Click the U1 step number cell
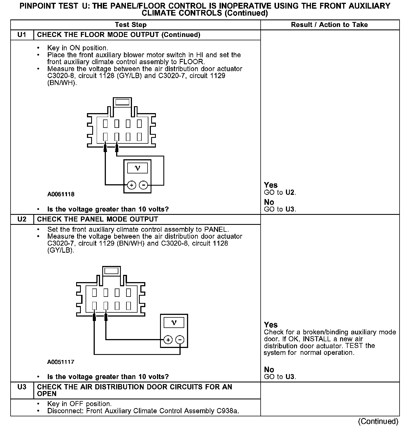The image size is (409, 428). click(22, 35)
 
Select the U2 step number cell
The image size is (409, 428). click(22, 219)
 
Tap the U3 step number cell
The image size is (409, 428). click(22, 387)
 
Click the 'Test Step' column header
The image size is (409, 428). click(131, 25)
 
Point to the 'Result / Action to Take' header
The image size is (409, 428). click(329, 25)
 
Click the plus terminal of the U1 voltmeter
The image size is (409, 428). click(131, 185)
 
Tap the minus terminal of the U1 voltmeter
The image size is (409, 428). click(143, 185)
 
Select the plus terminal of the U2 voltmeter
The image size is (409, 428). click(168, 340)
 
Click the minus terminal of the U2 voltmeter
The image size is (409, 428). click(180, 340)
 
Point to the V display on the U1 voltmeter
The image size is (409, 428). click(137, 168)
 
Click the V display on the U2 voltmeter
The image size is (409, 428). click(174, 323)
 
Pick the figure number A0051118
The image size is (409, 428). click(61, 194)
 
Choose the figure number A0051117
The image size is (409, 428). click(61, 362)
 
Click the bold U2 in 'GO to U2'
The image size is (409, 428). click(290, 192)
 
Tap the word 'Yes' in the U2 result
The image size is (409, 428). click(271, 325)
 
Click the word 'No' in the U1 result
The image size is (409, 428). click(269, 202)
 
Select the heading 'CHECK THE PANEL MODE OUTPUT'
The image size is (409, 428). click(98, 219)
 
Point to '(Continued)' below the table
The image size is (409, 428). click(378, 422)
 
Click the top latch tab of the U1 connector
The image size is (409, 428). click(122, 102)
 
